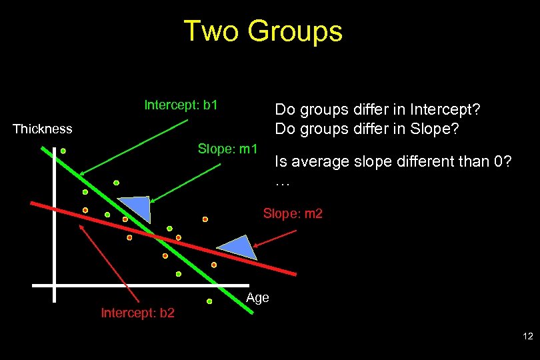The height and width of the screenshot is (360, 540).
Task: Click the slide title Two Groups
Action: (x=263, y=31)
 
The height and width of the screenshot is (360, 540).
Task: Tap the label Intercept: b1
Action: (x=181, y=105)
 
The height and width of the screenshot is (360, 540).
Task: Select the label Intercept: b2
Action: (x=137, y=312)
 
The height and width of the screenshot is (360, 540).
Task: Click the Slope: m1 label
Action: (x=227, y=147)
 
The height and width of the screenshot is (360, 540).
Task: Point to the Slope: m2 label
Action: (x=293, y=213)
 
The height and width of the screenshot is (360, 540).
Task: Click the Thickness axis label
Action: (x=43, y=129)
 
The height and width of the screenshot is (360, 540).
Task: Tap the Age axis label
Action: (x=257, y=297)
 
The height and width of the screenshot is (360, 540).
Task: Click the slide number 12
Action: (x=528, y=337)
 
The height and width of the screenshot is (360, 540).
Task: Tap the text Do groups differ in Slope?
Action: (x=367, y=129)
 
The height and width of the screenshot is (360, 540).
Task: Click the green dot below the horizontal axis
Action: (x=209, y=301)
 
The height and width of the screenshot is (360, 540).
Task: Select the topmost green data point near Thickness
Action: (x=63, y=151)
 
